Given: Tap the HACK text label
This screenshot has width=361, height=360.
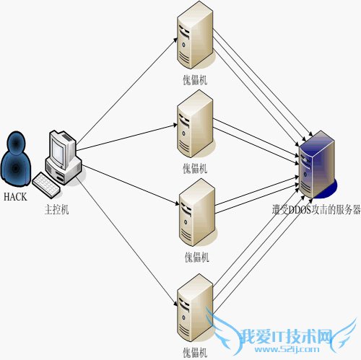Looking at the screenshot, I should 16,196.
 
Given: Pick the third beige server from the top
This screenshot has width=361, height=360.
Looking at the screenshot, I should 194,214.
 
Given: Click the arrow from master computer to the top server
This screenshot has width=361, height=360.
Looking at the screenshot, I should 126,86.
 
